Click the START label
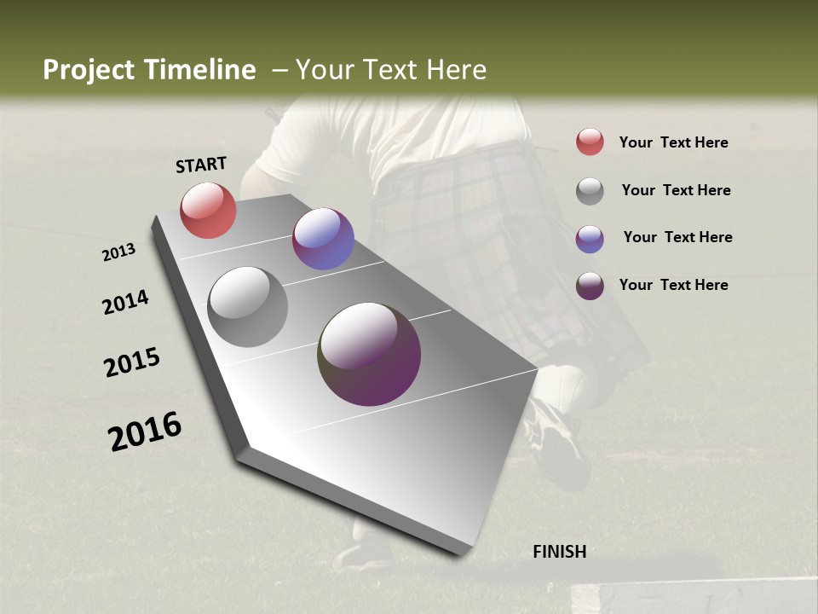201,165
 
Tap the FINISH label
559,552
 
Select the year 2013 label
118,252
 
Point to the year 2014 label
125,302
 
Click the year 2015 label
132,362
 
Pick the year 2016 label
145,432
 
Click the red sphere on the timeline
208,210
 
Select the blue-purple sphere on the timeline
323,239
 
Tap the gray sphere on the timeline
247,307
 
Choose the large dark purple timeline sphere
369,354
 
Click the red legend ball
590,142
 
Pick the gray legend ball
590,191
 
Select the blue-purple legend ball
590,239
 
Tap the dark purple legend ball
590,286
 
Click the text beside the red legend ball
673,142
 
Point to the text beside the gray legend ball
676,190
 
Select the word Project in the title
89,70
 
